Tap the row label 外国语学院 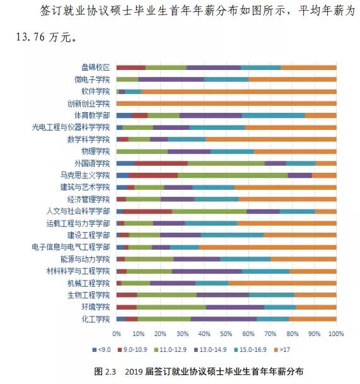click(93, 163)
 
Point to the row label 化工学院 click(95, 318)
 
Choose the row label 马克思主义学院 click(88, 175)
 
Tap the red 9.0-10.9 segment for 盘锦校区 click(131, 67)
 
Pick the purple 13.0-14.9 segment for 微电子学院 click(171, 79)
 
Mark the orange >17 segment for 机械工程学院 click(282, 282)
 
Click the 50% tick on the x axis click(226, 333)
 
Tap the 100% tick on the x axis click(336, 333)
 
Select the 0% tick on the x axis click(117, 333)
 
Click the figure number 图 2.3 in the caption click(105, 372)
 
